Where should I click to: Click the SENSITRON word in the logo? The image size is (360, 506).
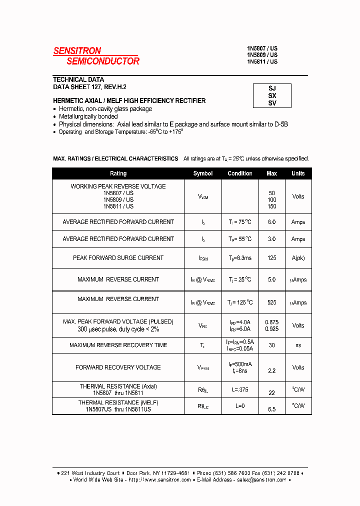coord(77,50)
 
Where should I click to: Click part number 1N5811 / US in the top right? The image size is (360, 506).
coord(262,61)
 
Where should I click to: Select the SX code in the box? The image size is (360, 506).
coord(272,95)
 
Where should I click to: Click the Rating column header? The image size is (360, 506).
coord(118,173)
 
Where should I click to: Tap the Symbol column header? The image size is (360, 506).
coord(203,173)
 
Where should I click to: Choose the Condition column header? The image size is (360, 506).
coord(240,173)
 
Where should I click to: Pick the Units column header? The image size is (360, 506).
coord(298,173)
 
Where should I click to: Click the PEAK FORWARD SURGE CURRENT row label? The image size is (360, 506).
coord(118,258)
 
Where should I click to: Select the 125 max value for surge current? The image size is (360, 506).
coord(272,258)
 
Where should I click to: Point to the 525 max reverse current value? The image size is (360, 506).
coord(272,302)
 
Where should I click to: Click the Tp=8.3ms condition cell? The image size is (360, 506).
coord(240,258)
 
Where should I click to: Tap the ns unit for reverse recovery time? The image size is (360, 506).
coord(298,345)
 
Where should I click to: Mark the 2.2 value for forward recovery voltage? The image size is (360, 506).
coord(272,371)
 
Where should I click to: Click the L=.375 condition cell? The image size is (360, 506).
coord(240,389)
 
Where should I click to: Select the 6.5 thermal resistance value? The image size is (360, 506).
coord(272,409)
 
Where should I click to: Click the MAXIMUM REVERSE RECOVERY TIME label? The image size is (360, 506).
coord(118,345)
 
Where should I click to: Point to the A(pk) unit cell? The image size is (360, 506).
coord(298,258)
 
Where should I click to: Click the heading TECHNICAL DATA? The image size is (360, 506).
coord(78,79)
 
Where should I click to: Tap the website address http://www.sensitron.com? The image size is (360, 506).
coord(160,479)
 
